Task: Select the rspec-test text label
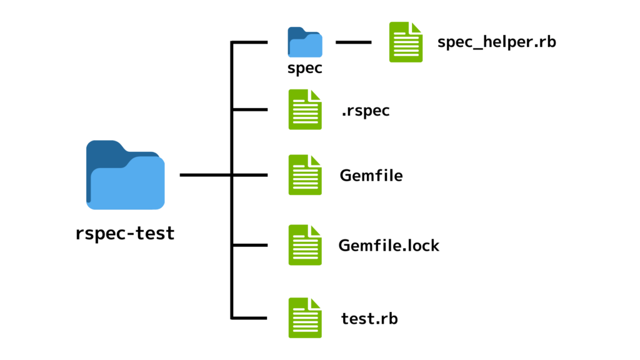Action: [125, 234]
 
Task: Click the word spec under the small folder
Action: [305, 68]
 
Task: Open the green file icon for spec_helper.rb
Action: [406, 42]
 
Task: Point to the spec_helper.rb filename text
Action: [497, 42]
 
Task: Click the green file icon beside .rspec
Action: [305, 109]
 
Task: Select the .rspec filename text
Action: [366, 111]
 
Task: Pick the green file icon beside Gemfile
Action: [305, 175]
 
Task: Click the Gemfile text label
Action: [371, 176]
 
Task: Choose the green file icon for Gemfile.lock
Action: [305, 245]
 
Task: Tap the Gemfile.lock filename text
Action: [389, 246]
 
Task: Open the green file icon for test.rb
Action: [305, 317]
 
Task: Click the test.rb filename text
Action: [369, 319]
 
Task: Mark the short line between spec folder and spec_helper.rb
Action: [353, 42]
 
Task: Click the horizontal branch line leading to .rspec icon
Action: [250, 109]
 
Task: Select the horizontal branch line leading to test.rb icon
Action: [250, 317]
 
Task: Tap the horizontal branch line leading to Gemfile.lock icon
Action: [250, 245]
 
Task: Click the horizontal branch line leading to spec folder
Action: [250, 42]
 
